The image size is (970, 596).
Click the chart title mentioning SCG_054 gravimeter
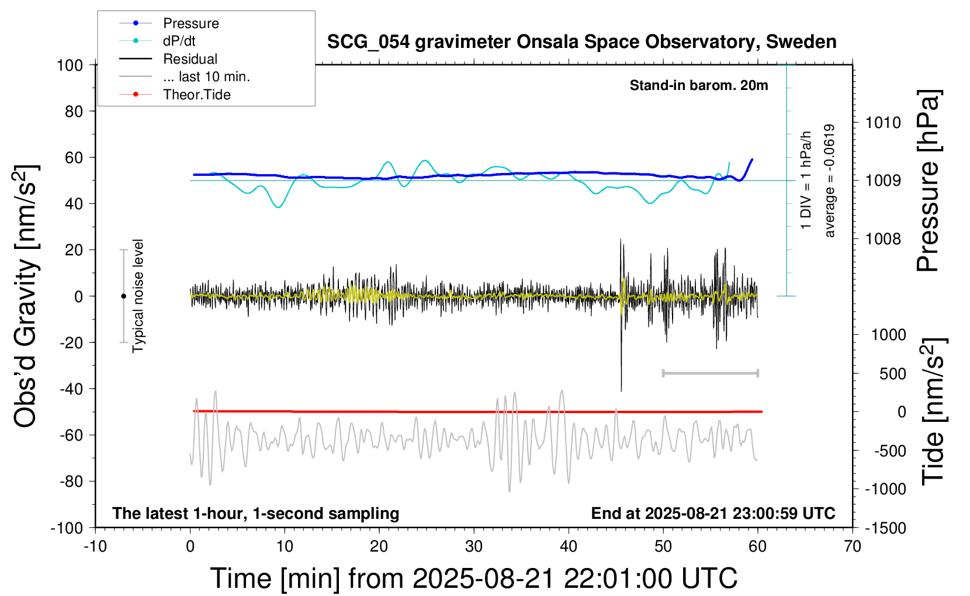[x=581, y=42]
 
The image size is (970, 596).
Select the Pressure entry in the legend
[x=190, y=23]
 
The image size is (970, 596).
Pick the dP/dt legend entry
[x=179, y=41]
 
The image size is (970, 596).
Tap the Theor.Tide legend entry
[x=196, y=95]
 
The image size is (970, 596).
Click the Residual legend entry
[x=190, y=59]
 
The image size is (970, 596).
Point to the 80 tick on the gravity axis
[x=74, y=111]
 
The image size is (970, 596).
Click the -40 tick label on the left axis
[x=71, y=389]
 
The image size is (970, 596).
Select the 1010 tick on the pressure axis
[x=883, y=123]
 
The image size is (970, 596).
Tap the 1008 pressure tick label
[x=883, y=238]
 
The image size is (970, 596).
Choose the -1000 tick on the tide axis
[x=885, y=489]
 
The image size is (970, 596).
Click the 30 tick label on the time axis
[x=474, y=547]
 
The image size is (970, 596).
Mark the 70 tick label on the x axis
[x=853, y=547]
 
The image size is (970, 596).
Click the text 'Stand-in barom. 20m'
[x=699, y=85]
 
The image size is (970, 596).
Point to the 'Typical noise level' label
[x=138, y=296]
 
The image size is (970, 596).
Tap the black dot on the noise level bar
[x=123, y=296]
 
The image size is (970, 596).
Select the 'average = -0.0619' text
[x=829, y=181]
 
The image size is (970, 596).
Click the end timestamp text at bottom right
[x=713, y=513]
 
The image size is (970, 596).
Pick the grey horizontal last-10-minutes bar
[x=710, y=373]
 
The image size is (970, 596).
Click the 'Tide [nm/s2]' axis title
[x=933, y=411]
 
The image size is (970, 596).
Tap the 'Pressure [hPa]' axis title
[x=929, y=181]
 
